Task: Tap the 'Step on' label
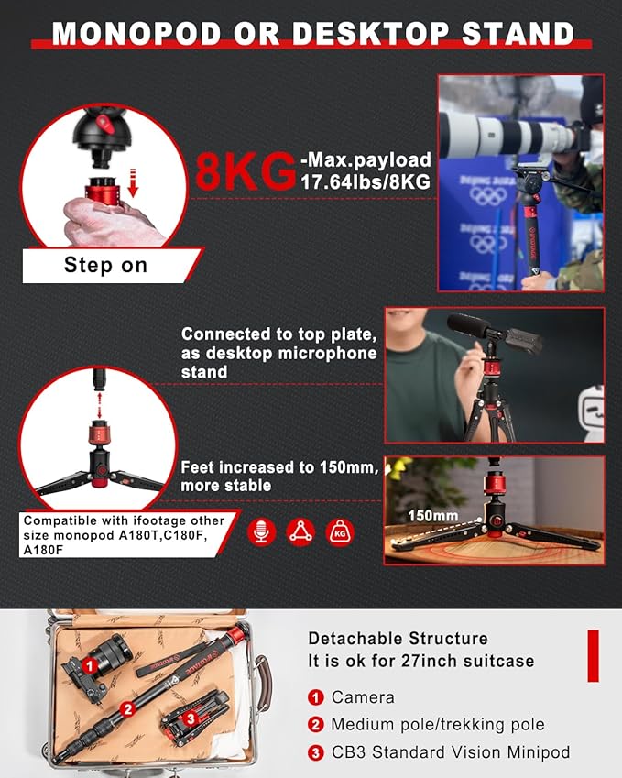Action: (104, 266)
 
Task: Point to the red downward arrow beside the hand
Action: (133, 183)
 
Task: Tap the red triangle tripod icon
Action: (300, 532)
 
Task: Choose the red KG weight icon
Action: (340, 532)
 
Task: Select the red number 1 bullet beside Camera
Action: (316, 698)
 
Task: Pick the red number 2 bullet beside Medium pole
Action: (316, 725)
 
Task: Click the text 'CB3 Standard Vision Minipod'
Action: (451, 752)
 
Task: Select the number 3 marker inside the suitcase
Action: (190, 720)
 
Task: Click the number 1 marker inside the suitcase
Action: (92, 664)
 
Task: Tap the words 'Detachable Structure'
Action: (398, 639)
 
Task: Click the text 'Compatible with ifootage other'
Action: (123, 520)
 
